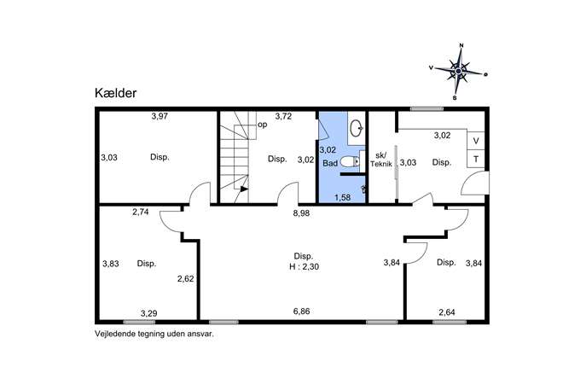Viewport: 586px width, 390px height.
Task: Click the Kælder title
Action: (x=115, y=93)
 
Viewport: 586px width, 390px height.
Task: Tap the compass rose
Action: (x=459, y=71)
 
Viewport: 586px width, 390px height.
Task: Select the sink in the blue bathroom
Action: (x=357, y=128)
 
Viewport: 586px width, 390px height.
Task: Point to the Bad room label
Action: (x=330, y=163)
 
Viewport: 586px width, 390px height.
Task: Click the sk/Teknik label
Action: (x=380, y=160)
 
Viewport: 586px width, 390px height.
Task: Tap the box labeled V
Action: (x=476, y=141)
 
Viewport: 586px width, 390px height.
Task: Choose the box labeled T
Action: (x=476, y=159)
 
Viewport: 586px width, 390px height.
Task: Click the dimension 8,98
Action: (x=301, y=213)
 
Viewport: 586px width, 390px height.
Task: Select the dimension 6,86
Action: (x=301, y=311)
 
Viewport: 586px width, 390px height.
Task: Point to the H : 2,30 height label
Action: (x=304, y=267)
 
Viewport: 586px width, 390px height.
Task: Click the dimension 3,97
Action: (x=160, y=116)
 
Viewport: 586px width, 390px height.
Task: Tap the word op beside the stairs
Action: (x=263, y=125)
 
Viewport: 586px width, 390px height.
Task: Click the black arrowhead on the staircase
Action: (x=244, y=189)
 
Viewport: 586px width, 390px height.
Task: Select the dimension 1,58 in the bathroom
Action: (x=342, y=197)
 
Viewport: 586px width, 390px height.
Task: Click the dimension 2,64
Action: (x=447, y=311)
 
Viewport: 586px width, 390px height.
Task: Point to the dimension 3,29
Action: (x=148, y=313)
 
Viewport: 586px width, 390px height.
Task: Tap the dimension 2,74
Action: (x=141, y=212)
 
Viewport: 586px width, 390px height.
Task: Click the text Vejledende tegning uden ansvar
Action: (x=154, y=334)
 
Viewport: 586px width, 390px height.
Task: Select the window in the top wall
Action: (x=426, y=109)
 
